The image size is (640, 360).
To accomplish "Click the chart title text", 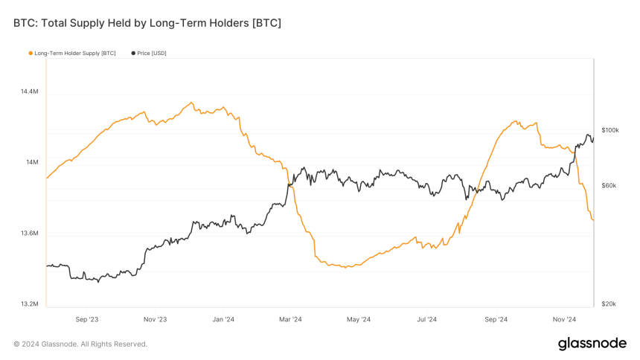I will pos(147,23).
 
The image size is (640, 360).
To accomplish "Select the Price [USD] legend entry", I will pos(151,53).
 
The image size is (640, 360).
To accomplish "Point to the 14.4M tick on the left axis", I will pos(29,91).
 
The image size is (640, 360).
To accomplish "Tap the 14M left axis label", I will pos(31,162).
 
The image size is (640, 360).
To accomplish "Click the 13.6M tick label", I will pos(29,234).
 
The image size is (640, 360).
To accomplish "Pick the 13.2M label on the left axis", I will pos(29,304).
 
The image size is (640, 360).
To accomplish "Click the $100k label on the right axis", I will pos(609,130).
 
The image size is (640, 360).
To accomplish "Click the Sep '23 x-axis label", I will pos(86,319).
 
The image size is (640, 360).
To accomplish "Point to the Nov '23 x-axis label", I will pos(155,319).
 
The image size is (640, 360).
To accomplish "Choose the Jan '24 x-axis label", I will pos(223,319).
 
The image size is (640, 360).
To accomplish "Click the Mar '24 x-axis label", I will pos(290,319).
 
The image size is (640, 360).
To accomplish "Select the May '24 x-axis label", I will pos(359,319).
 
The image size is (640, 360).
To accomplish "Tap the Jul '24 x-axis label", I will pos(426,319).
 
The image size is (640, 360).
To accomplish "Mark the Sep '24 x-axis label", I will pos(496,319).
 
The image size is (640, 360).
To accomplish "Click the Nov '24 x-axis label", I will pos(563,319).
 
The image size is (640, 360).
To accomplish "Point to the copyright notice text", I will pos(80,344).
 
